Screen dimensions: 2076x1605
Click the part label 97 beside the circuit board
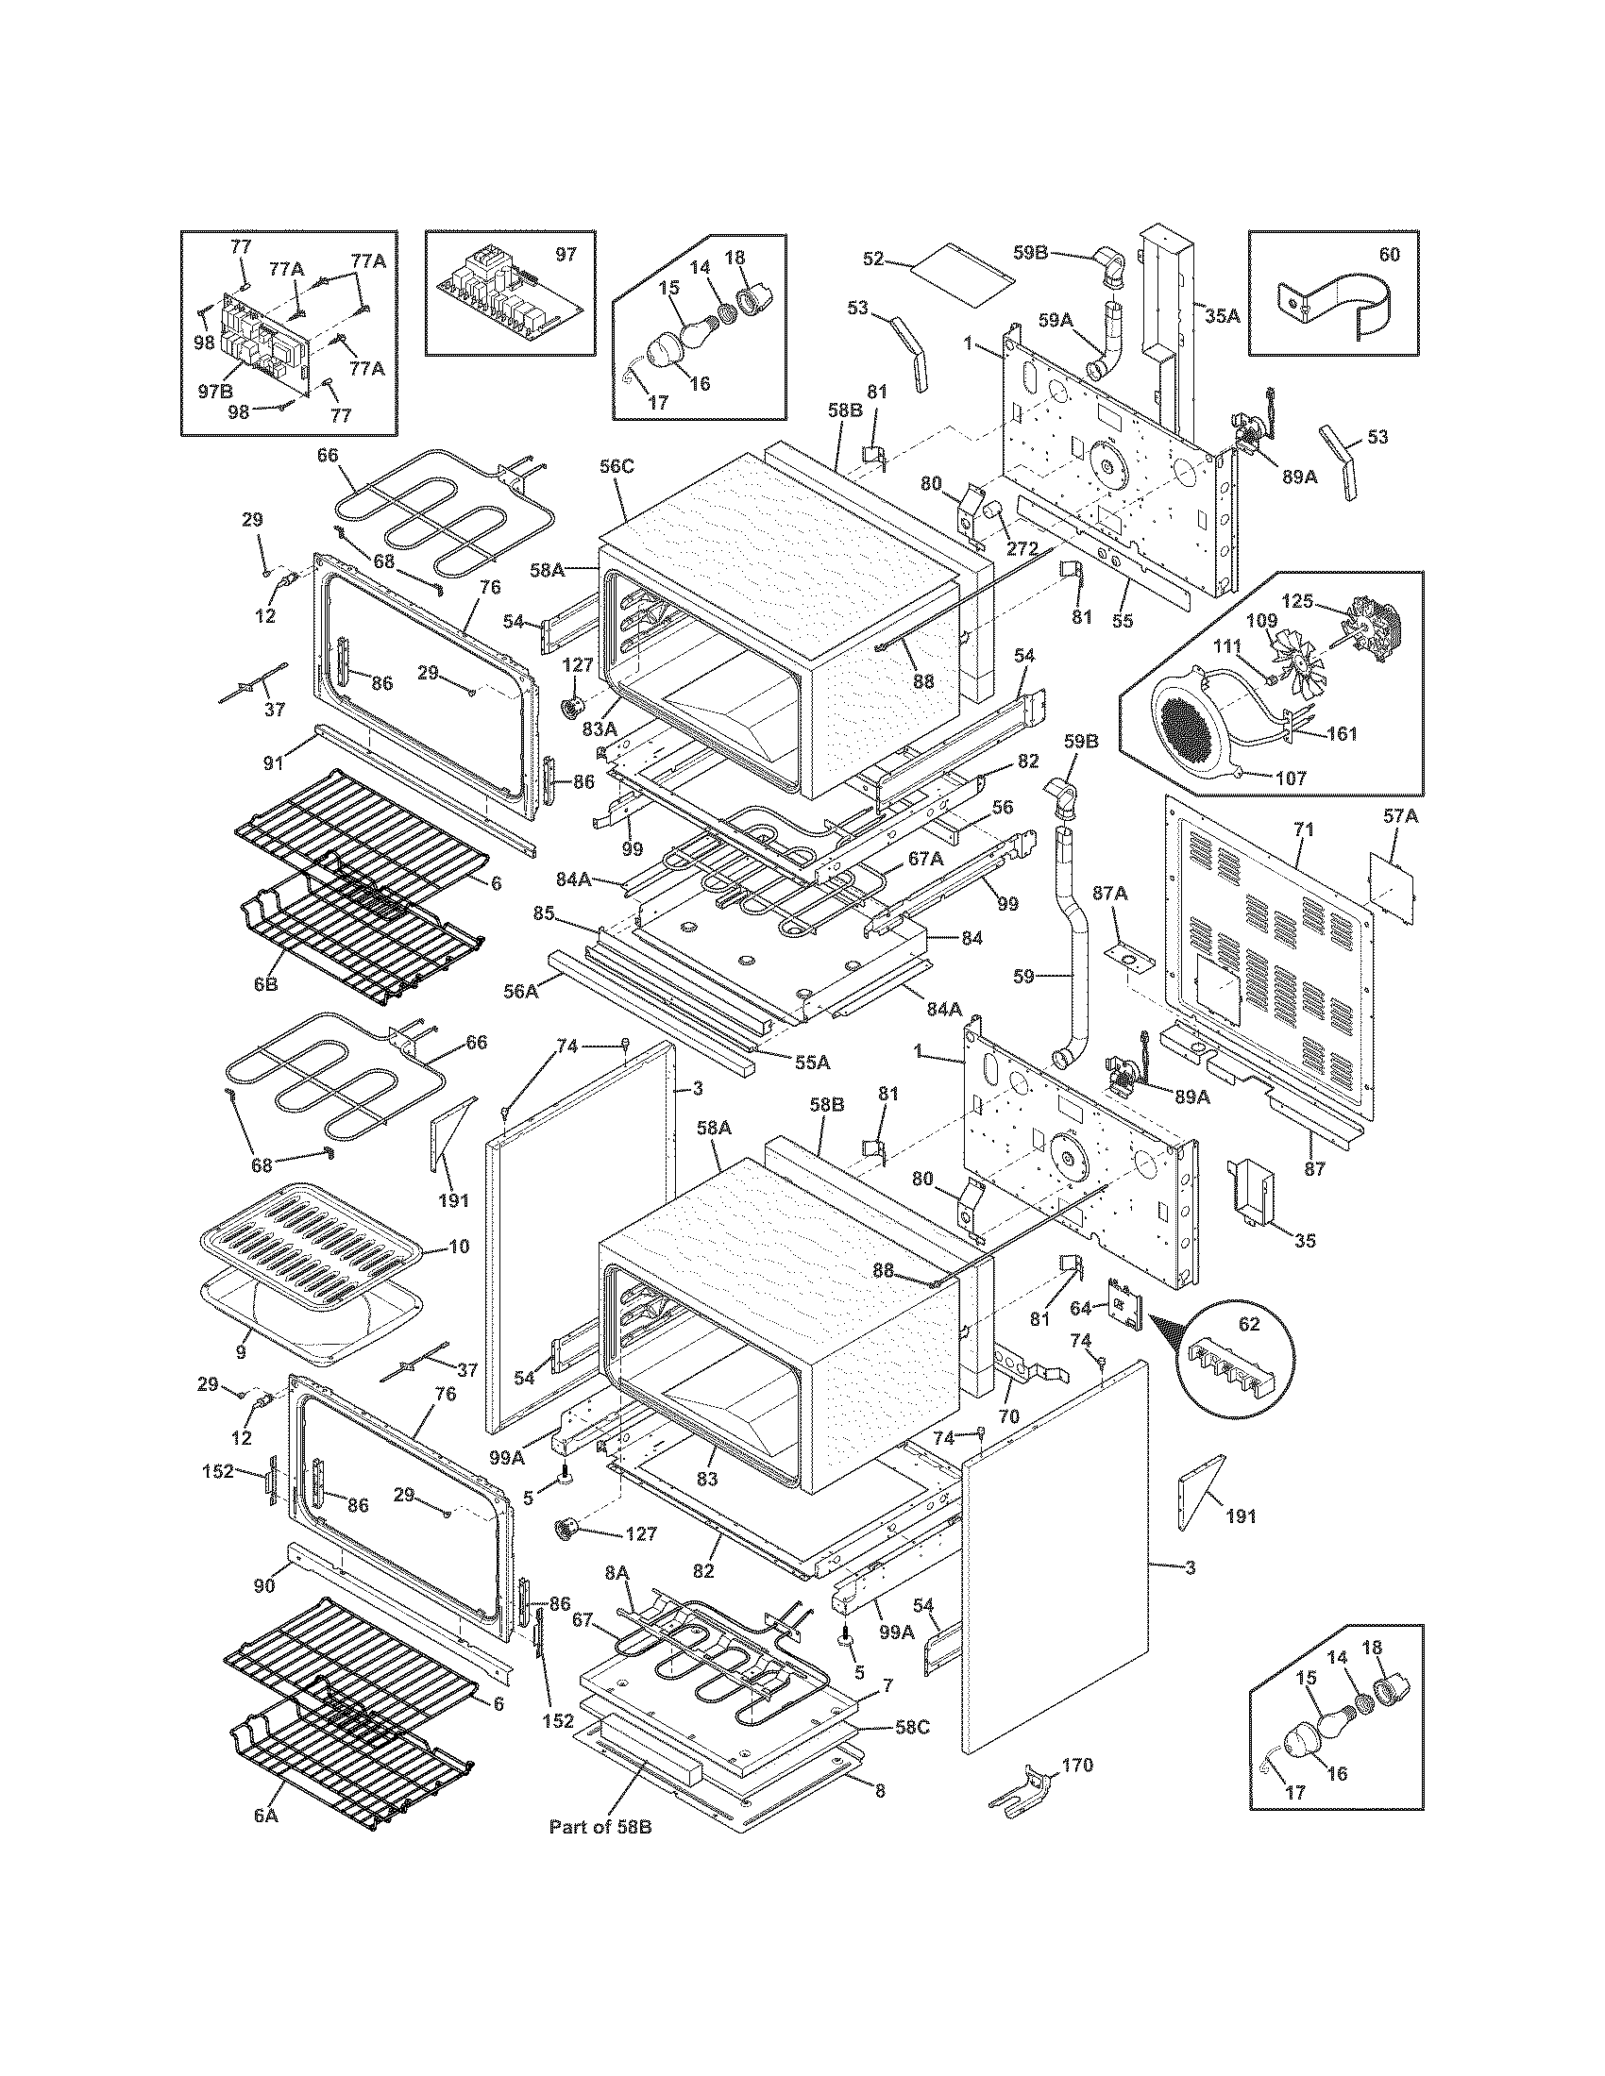[566, 255]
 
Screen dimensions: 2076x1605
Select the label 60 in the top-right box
[1389, 255]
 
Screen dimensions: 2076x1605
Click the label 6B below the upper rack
[265, 985]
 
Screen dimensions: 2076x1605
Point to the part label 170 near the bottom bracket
[1077, 1766]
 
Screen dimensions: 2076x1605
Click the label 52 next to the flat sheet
[874, 259]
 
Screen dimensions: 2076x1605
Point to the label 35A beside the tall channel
[1223, 315]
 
